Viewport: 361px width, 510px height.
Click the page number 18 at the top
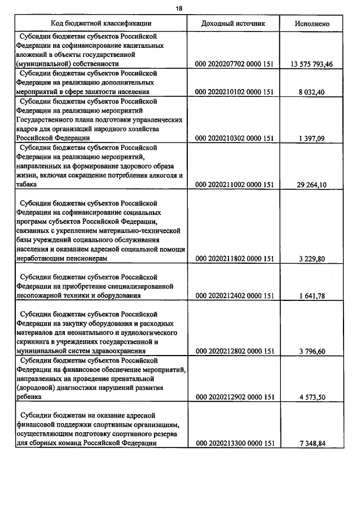point(179,9)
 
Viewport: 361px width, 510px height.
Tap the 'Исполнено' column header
point(312,24)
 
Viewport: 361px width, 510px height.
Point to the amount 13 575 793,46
point(311,64)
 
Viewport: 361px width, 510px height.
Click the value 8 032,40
point(319,91)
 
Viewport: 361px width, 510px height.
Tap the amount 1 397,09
point(319,138)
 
